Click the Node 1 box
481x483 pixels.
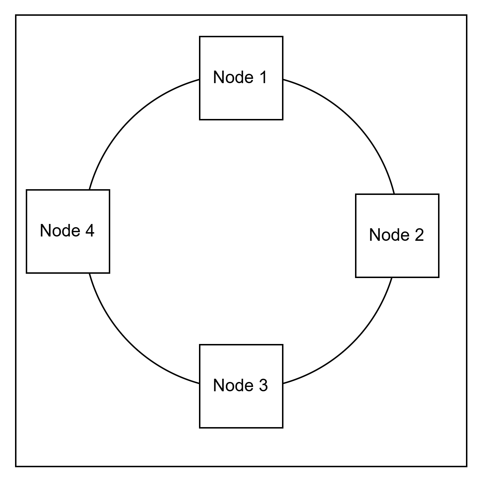point(241,78)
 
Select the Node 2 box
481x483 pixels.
point(397,236)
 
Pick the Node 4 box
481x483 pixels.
point(68,231)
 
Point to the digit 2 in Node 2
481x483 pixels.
point(419,235)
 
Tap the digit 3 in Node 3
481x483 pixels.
point(263,385)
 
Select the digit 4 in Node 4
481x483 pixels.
point(90,230)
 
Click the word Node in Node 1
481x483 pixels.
point(233,77)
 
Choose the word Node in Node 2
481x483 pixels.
point(389,235)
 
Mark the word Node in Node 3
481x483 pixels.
point(233,385)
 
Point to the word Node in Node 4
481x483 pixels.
point(60,230)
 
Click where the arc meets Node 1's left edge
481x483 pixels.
point(200,80)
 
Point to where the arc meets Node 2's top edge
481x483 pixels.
point(394,194)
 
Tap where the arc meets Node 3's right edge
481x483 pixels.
point(283,383)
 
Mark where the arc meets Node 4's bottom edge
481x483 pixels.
point(89,273)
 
